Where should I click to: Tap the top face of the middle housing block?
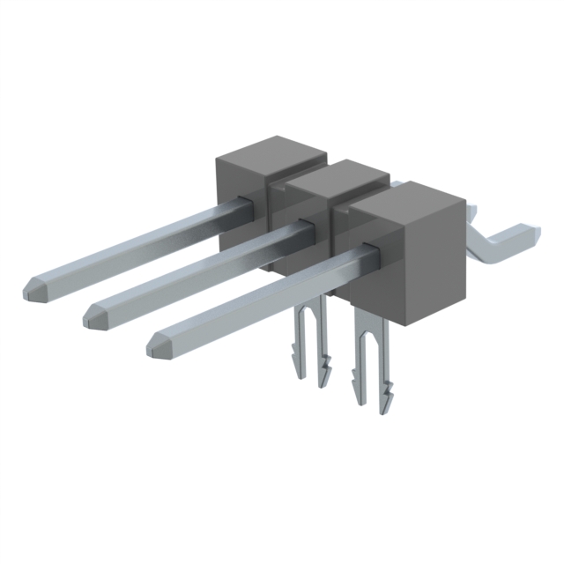(339, 177)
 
